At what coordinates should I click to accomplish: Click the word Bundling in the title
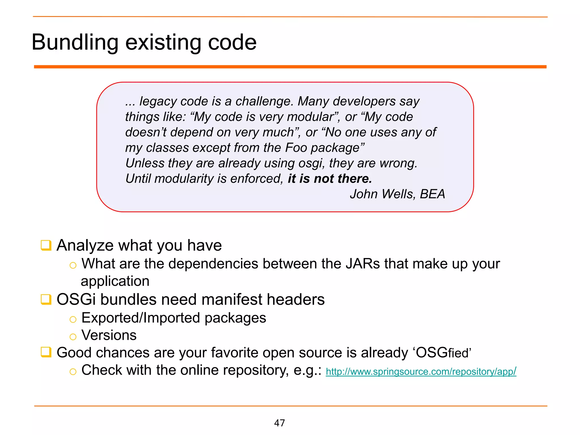(75, 42)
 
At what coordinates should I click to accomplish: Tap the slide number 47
(279, 423)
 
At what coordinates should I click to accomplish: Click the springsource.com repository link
(421, 371)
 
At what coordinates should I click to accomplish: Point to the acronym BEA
(432, 194)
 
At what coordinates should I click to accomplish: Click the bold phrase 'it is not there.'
(330, 179)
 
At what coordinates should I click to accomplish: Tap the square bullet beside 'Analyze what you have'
(46, 245)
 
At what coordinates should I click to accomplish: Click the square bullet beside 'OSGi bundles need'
(46, 299)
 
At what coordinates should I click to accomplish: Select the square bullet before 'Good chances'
(46, 352)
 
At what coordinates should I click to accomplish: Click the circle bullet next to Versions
(73, 337)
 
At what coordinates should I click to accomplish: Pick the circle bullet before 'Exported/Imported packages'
(73, 319)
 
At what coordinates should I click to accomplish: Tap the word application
(115, 282)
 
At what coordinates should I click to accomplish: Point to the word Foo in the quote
(296, 148)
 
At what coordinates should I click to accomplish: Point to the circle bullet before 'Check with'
(73, 372)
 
